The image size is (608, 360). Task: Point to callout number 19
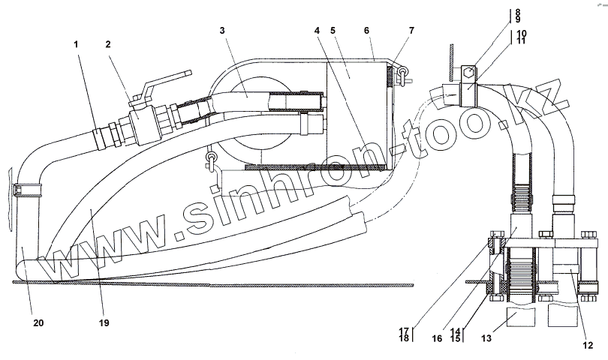(104, 323)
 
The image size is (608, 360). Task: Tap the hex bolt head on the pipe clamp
(468, 73)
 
